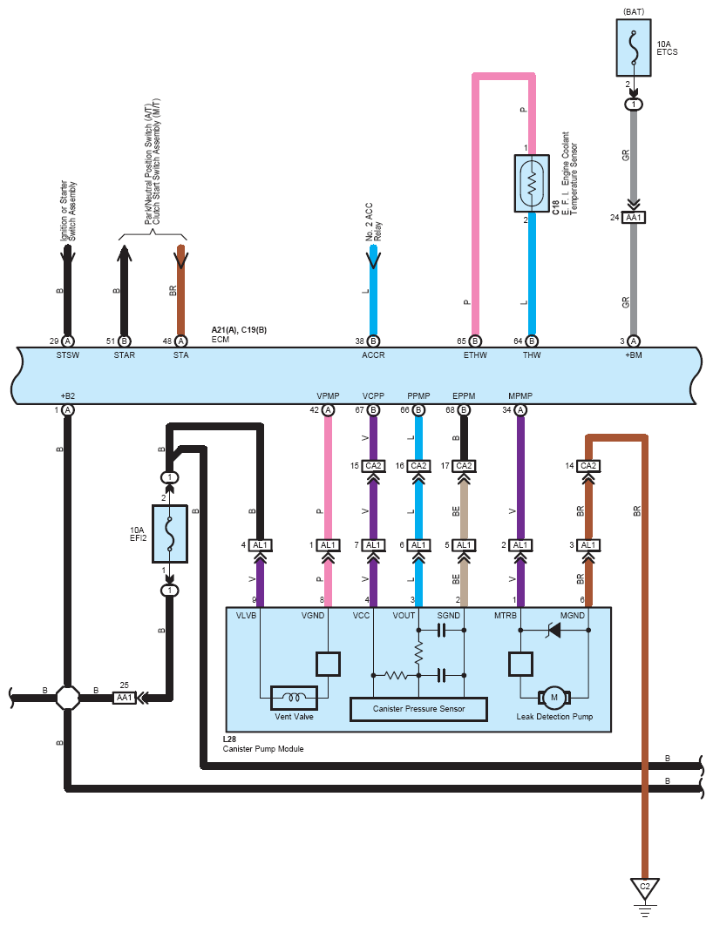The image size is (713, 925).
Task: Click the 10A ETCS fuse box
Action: [634, 48]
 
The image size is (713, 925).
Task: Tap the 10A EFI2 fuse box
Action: [170, 534]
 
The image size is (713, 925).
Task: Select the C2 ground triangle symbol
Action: [644, 888]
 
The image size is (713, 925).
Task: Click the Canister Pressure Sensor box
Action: [418, 709]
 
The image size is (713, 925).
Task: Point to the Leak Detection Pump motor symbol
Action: [554, 698]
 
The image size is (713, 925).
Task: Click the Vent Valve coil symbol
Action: [294, 698]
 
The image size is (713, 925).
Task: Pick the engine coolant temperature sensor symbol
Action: [532, 183]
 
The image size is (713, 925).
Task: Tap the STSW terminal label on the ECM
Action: [68, 355]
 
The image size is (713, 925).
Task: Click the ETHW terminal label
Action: [475, 355]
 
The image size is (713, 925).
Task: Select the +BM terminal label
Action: [634, 355]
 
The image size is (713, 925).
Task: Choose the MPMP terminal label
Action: [520, 395]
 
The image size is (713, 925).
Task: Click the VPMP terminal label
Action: [328, 395]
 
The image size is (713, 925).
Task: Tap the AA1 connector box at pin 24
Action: [634, 218]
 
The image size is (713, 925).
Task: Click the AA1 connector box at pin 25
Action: [125, 698]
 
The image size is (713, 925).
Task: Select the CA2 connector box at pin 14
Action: [588, 466]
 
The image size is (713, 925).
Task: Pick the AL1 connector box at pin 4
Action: [260, 545]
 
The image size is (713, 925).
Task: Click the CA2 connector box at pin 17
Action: [464, 466]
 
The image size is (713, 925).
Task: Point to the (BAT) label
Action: [634, 12]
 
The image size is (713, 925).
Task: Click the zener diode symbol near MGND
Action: [554, 630]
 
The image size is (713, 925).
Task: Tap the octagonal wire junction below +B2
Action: [68, 698]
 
